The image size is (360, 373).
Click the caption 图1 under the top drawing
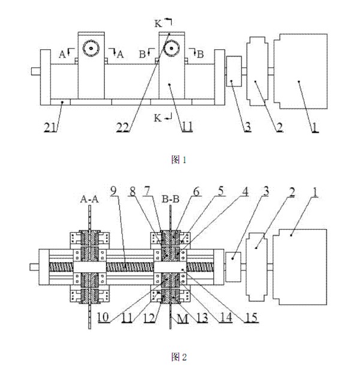[180, 160]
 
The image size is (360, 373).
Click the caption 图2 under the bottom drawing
[180, 357]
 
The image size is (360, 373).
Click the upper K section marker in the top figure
[159, 23]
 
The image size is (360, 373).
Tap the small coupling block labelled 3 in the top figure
[234, 71]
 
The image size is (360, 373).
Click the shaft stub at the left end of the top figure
[35, 71]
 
